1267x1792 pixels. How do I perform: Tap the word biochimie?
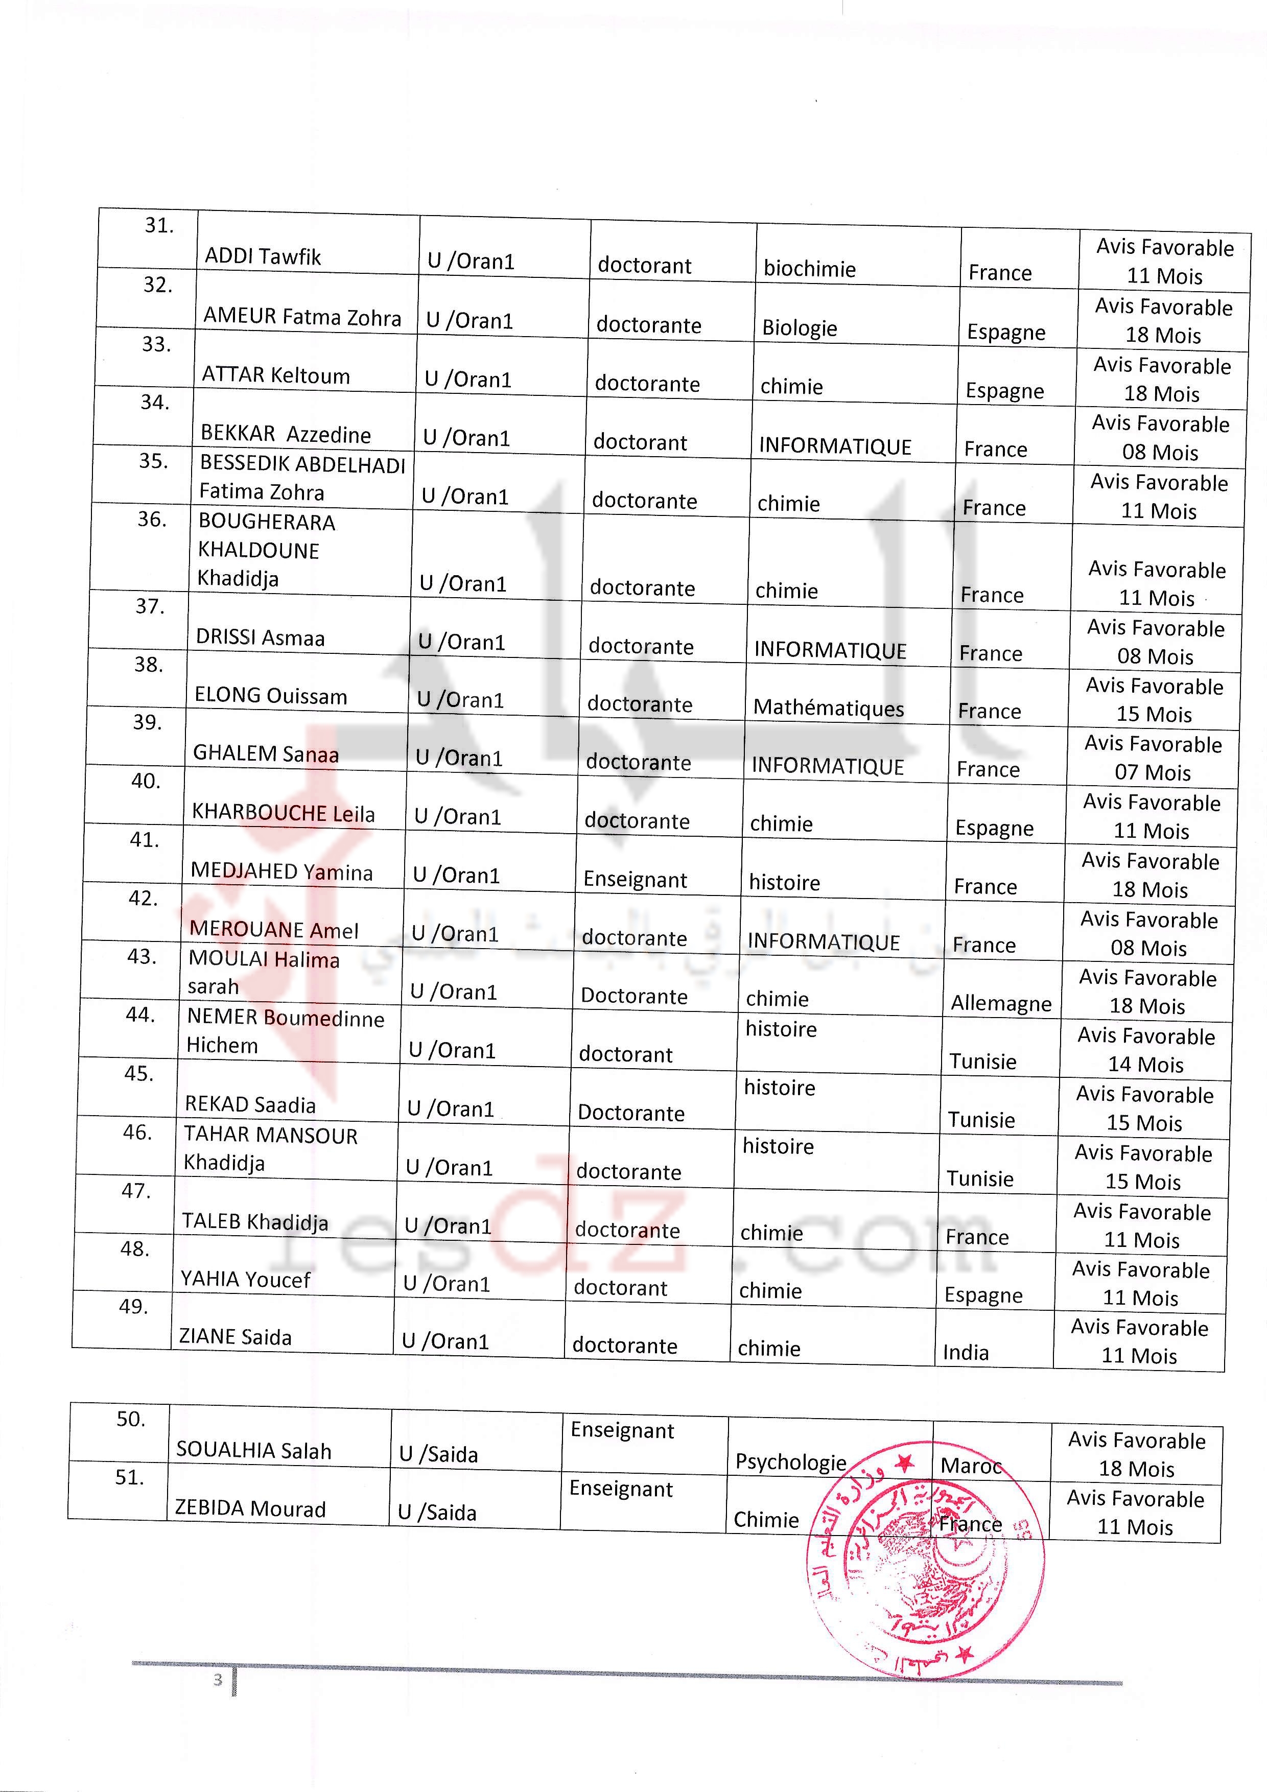point(810,269)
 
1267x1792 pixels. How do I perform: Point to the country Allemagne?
point(1001,1004)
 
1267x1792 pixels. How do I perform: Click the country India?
point(966,1353)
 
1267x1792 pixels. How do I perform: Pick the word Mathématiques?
point(828,708)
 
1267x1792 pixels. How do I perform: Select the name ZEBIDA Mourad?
point(250,1508)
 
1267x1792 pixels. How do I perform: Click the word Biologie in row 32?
point(800,328)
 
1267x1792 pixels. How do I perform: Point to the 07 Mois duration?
point(1152,773)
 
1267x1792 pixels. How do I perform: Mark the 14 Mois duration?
point(1146,1065)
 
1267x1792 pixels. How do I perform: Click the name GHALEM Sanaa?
point(266,754)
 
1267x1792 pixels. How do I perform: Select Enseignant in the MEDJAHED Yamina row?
point(635,880)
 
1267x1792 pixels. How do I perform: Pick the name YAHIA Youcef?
point(245,1279)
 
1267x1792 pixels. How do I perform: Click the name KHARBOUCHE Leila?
point(283,813)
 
